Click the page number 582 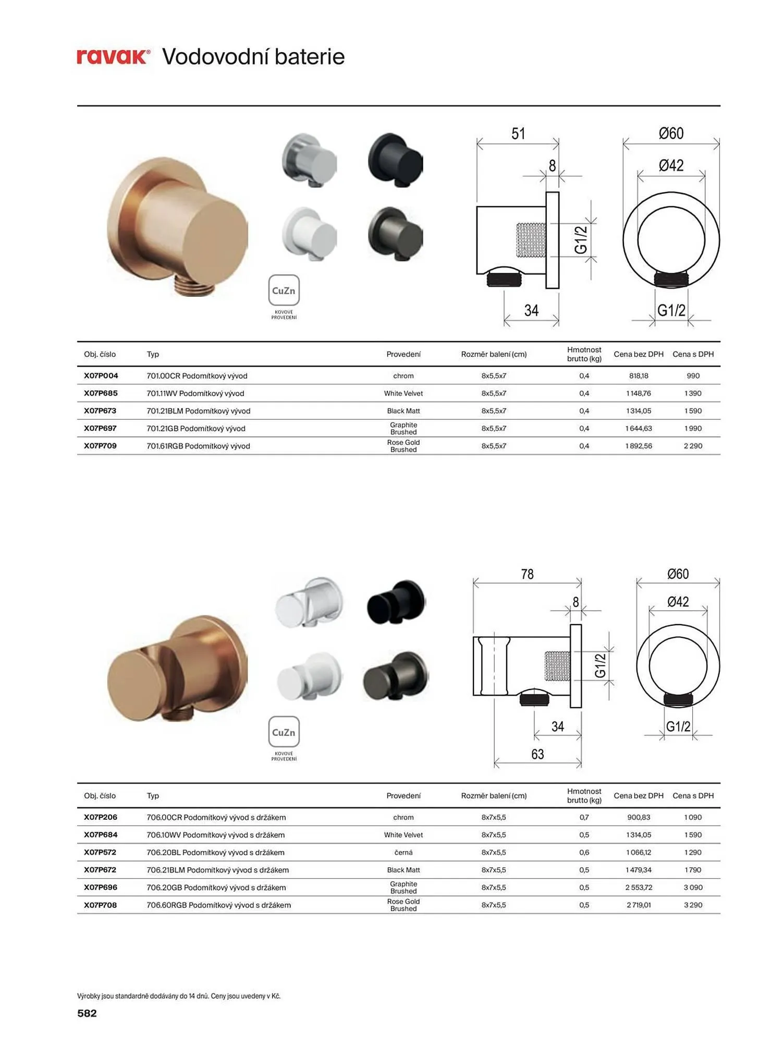click(87, 1013)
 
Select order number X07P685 click(101, 393)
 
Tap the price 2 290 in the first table click(693, 446)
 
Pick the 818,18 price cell click(639, 375)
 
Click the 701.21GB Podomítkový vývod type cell click(196, 428)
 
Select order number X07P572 click(100, 852)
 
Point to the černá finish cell click(403, 852)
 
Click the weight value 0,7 click(584, 817)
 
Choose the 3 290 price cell click(693, 905)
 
